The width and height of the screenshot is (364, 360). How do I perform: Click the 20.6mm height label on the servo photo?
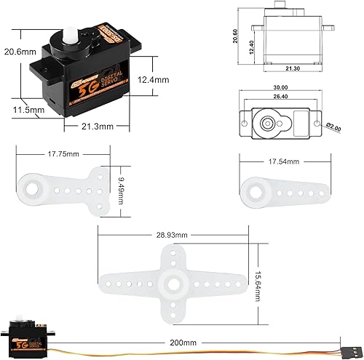point(18,52)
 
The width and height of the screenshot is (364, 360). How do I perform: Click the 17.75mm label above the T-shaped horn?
point(63,153)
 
